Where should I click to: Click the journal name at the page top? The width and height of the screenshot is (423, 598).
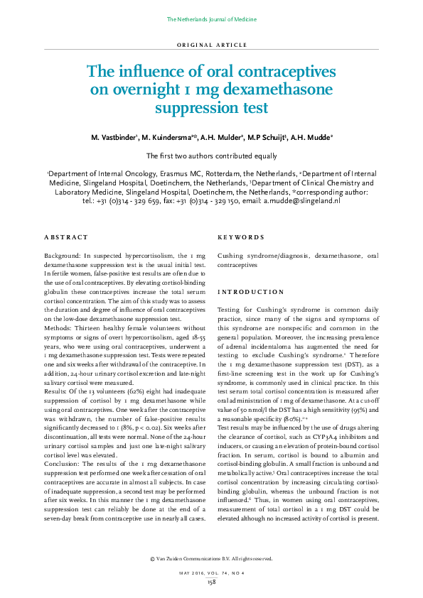click(x=211, y=18)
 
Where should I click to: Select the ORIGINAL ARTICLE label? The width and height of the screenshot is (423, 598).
click(x=211, y=44)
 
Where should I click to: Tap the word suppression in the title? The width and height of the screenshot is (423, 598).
click(x=211, y=108)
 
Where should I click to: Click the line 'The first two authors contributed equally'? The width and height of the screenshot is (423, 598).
click(x=211, y=156)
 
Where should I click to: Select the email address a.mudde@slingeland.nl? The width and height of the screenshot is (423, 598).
click(x=301, y=201)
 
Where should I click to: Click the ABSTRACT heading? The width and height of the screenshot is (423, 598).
click(x=66, y=237)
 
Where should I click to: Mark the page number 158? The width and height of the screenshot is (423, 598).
click(x=211, y=582)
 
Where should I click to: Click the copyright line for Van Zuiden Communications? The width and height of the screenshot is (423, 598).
click(x=211, y=560)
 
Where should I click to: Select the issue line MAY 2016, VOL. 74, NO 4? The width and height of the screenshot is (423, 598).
click(x=211, y=572)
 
